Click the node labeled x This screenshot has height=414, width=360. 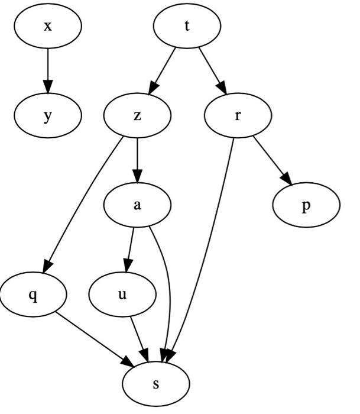(x=48, y=27)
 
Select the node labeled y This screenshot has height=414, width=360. (x=48, y=115)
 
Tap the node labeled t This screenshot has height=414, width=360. (x=187, y=27)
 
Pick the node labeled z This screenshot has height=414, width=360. (x=137, y=115)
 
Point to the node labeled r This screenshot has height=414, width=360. (x=237, y=115)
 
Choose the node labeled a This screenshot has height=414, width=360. (x=137, y=205)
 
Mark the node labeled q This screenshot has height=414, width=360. (x=33, y=294)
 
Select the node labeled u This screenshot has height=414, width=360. (x=122, y=294)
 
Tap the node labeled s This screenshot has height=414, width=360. (x=156, y=383)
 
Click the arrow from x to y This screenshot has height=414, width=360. (x=48, y=71)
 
